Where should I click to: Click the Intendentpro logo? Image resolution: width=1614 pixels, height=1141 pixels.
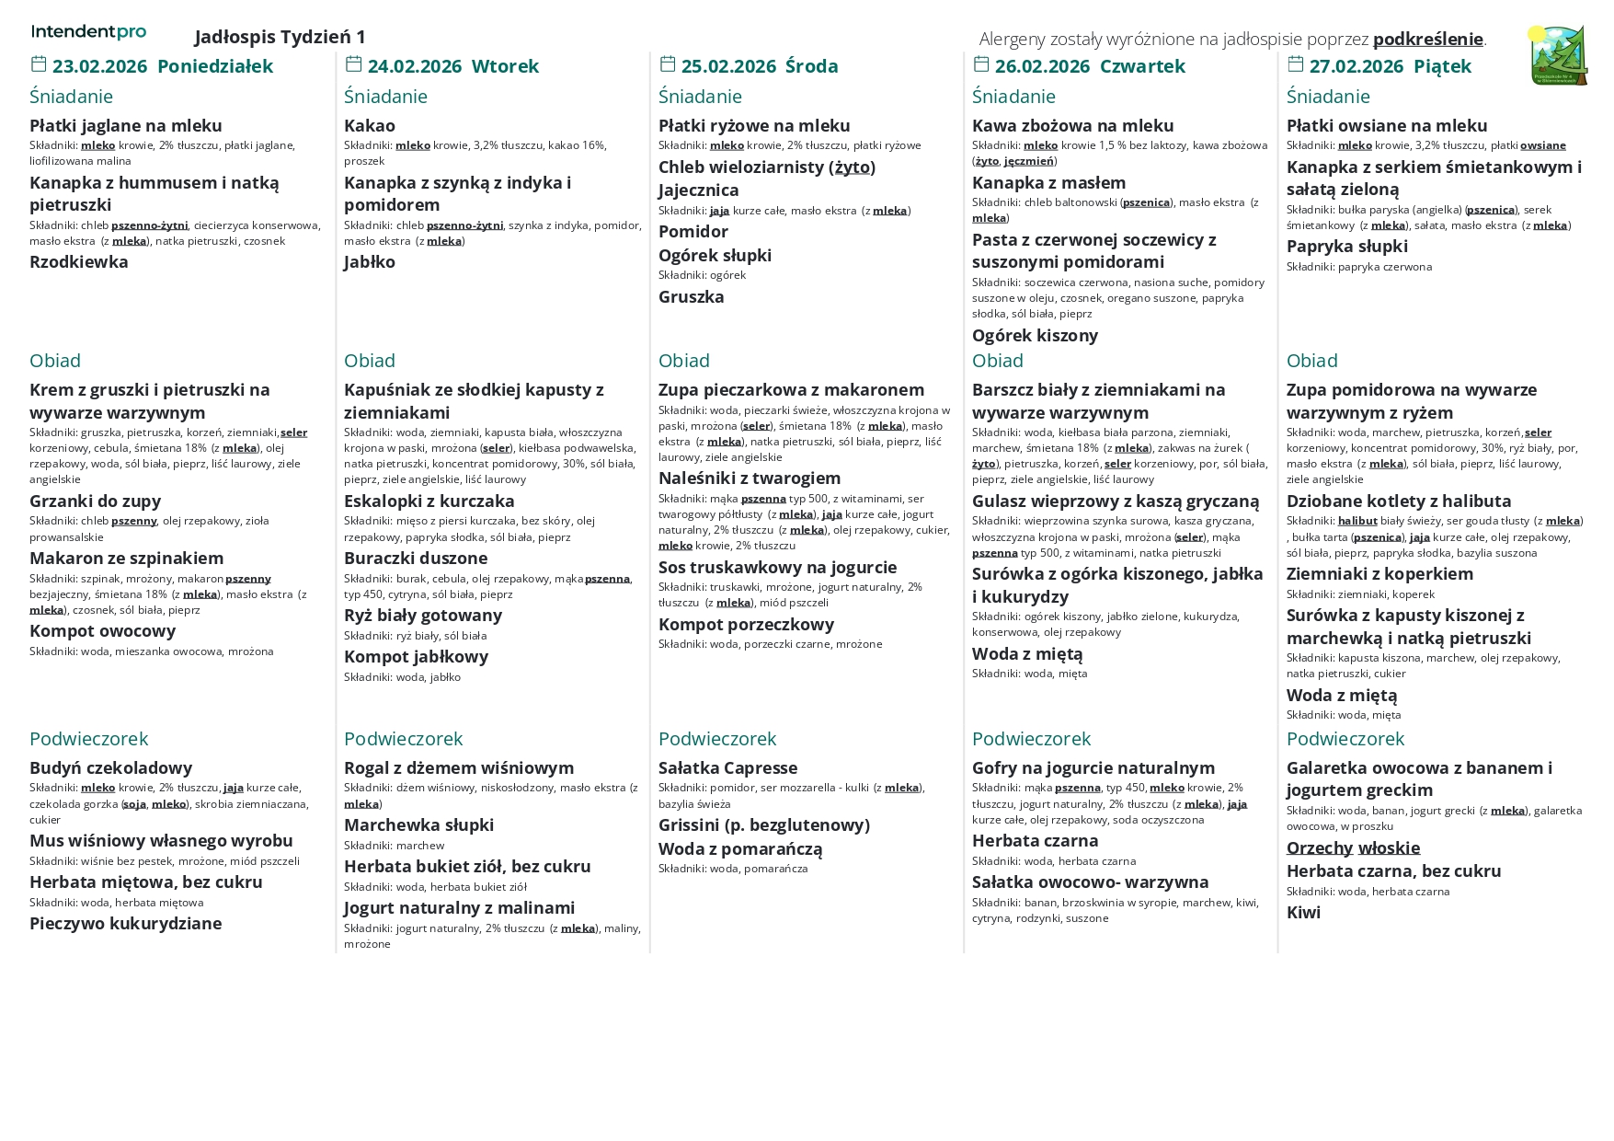[x=88, y=32]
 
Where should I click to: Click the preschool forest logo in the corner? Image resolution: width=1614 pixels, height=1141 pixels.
[x=1559, y=56]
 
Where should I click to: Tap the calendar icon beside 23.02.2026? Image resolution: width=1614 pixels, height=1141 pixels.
[x=39, y=64]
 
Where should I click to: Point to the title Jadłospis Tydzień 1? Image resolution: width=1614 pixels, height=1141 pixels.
[x=280, y=37]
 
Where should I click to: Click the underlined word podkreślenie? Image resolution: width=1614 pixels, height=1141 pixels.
[x=1427, y=39]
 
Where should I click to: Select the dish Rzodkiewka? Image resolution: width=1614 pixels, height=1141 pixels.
[x=79, y=262]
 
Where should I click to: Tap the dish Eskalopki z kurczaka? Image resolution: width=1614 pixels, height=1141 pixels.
[x=429, y=501]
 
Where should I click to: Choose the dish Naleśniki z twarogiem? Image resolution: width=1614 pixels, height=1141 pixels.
[x=749, y=478]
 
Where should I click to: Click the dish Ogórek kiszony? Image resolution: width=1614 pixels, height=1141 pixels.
[x=1035, y=336]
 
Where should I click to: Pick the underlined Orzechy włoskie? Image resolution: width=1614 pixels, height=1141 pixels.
[x=1353, y=848]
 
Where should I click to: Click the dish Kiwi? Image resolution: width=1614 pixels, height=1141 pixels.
[x=1303, y=913]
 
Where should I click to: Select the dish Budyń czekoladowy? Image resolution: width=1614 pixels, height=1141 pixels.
[x=110, y=768]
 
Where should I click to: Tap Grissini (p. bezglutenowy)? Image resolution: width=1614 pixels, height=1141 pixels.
[x=763, y=825]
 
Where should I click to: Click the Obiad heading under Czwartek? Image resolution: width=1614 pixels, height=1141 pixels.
[x=997, y=361]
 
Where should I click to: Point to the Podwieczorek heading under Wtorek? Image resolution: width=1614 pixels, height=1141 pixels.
[x=403, y=739]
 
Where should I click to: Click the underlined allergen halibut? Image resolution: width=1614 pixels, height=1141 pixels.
[x=1356, y=521]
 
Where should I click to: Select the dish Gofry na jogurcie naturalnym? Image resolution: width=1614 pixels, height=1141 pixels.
[x=1093, y=768]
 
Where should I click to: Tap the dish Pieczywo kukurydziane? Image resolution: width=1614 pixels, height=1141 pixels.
[x=125, y=924]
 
